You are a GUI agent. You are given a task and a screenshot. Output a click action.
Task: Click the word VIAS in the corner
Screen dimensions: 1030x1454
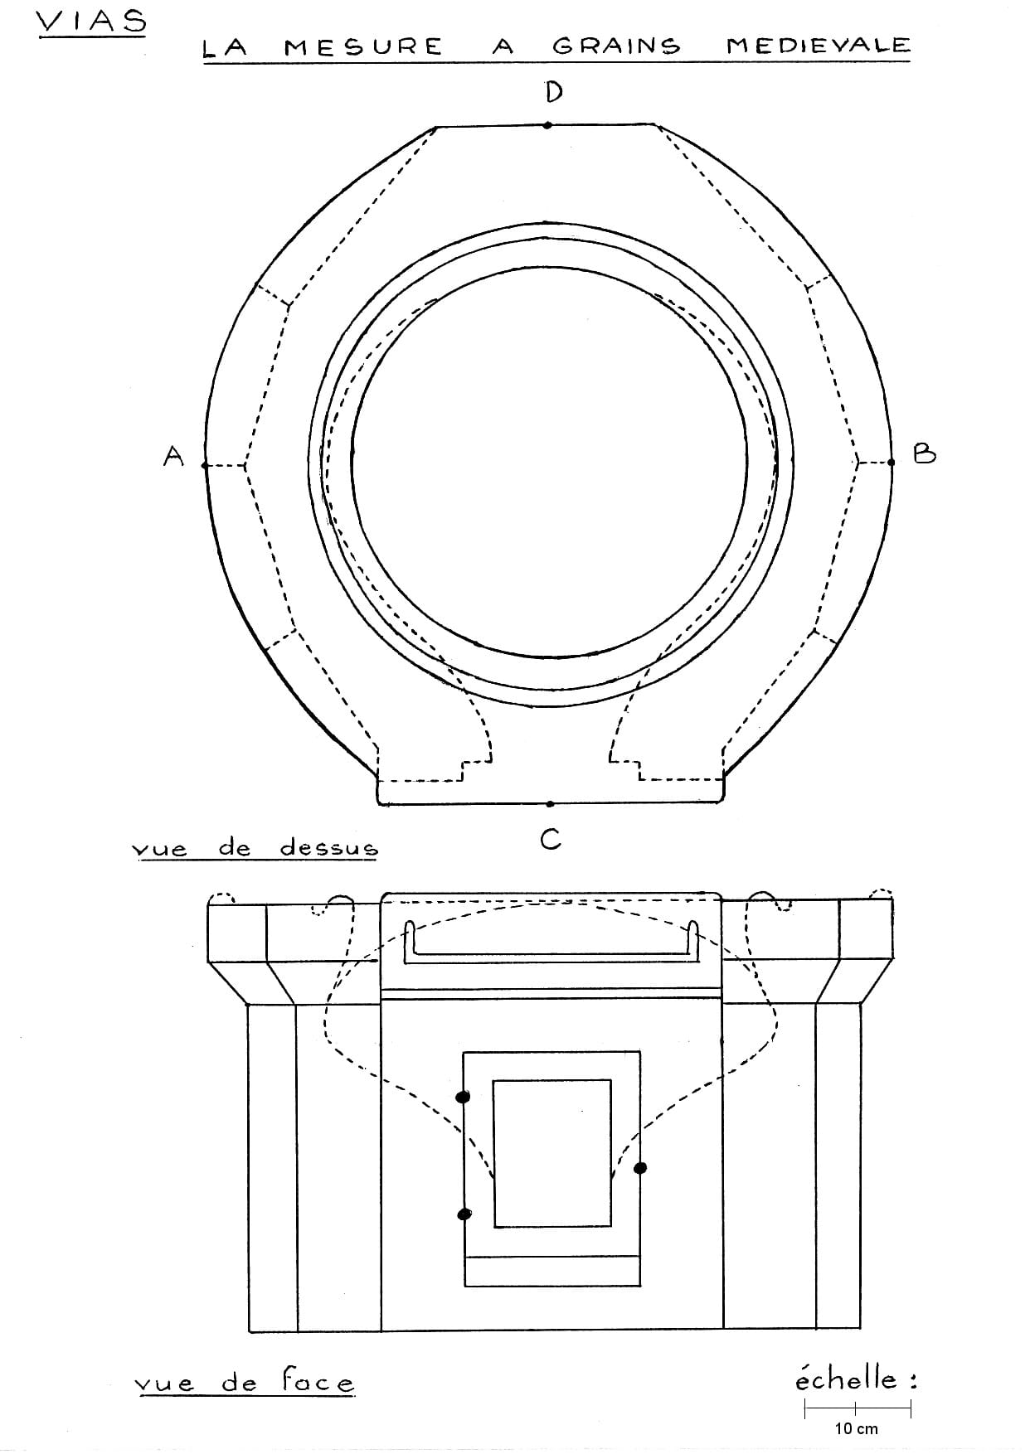pos(91,22)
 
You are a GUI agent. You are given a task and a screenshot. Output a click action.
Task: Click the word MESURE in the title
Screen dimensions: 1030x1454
pos(363,47)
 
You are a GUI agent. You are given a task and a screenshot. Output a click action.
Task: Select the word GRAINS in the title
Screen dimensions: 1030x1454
pos(616,46)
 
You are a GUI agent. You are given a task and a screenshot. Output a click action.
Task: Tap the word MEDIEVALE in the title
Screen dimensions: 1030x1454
pos(818,46)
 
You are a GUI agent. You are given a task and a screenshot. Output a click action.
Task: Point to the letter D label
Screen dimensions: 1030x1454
pos(553,91)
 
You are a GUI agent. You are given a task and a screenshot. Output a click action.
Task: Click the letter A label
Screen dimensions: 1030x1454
pos(172,455)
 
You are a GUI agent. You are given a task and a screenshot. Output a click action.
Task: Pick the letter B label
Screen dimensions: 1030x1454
pos(924,453)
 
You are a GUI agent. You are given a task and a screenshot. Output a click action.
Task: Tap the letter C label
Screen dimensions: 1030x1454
pos(551,840)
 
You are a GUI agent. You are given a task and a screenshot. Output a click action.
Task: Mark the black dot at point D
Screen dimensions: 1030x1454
pos(547,126)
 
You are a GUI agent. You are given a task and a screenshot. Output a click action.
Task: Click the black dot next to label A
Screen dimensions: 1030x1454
pos(205,466)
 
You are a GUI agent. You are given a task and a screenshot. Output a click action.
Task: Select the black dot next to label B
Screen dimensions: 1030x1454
pos(892,462)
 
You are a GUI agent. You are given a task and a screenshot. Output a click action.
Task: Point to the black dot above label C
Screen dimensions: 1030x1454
pos(550,803)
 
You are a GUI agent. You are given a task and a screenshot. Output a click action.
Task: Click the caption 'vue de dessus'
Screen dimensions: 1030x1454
pos(255,848)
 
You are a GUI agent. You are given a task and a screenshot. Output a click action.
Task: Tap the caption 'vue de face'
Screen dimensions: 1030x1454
pos(244,1382)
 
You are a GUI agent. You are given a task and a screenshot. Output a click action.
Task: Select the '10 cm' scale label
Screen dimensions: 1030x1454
pos(856,1428)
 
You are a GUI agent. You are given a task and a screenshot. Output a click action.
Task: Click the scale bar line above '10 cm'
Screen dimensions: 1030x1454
pos(858,1408)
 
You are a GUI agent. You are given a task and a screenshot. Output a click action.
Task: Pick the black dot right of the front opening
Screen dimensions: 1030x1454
pos(640,1168)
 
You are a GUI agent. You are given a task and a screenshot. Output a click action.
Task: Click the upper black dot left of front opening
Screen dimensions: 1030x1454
pos(464,1097)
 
